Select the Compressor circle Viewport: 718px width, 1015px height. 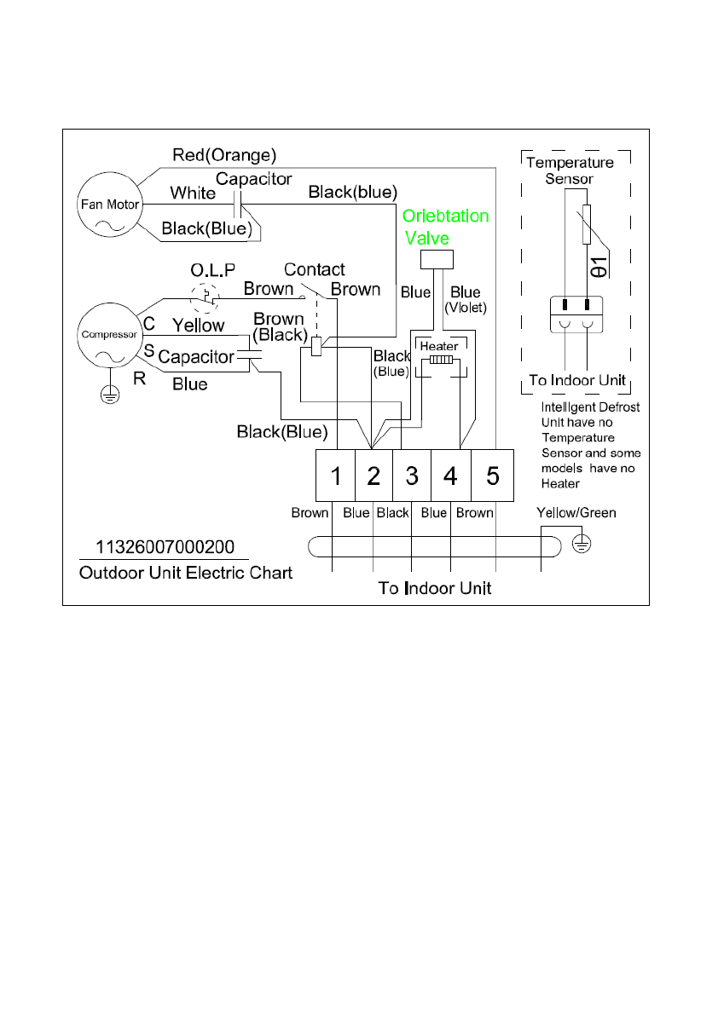(108, 335)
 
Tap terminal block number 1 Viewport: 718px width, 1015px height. (336, 476)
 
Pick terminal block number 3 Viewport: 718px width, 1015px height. (412, 476)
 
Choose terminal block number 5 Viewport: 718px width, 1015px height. (493, 476)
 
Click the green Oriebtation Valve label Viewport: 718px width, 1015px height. (445, 226)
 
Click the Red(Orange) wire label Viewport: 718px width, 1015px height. (223, 155)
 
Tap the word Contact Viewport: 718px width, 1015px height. (314, 270)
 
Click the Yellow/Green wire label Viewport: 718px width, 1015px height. (576, 513)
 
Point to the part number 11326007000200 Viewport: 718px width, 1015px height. (164, 547)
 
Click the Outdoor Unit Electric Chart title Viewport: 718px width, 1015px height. (186, 573)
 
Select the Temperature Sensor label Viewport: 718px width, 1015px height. (570, 170)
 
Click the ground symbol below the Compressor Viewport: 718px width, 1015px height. (109, 394)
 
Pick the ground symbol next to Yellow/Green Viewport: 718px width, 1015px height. (582, 542)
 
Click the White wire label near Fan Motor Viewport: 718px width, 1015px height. (193, 193)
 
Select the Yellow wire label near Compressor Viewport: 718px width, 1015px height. (199, 325)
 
